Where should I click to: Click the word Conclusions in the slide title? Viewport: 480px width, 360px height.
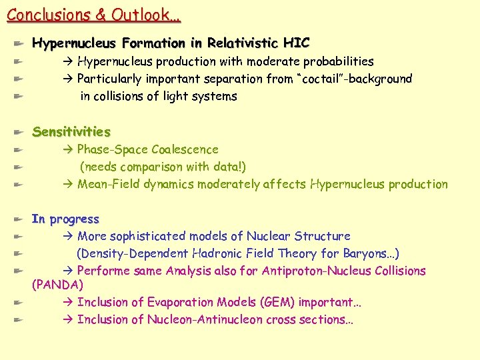tap(47, 14)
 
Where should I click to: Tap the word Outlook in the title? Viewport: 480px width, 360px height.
tap(141, 14)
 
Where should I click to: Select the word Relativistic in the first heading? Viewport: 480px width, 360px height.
tap(243, 43)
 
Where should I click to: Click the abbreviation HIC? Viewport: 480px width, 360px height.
tap(296, 43)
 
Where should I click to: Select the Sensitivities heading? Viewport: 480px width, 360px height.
tap(71, 131)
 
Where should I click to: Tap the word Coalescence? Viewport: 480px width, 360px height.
tap(185, 149)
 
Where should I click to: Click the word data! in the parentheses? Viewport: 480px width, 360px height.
tap(230, 167)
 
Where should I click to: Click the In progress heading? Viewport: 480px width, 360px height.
tap(65, 219)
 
